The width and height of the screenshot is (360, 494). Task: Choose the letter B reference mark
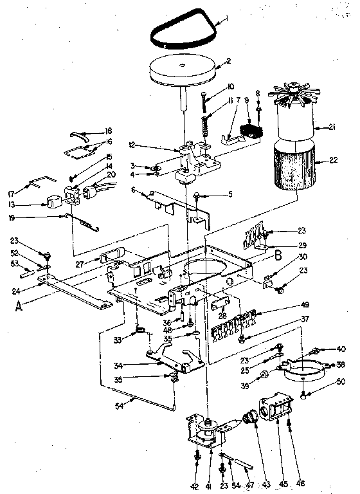[x=278, y=255]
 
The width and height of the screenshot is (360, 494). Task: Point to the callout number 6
[x=132, y=190]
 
